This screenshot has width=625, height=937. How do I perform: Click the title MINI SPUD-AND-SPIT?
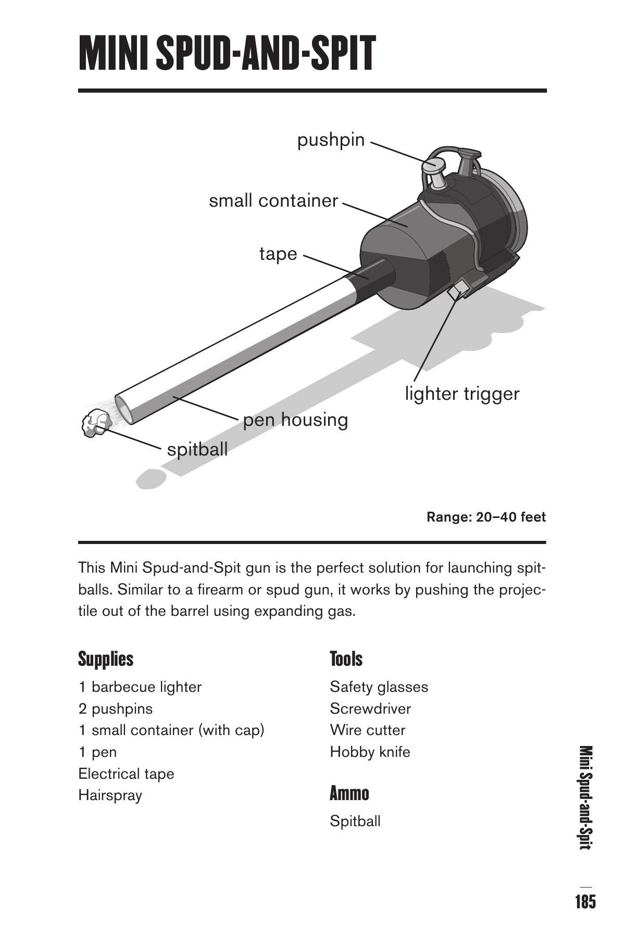[227, 54]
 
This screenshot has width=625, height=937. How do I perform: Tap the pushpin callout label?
[331, 140]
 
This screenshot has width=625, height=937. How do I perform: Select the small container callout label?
[273, 200]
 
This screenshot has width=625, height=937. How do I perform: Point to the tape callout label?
[278, 254]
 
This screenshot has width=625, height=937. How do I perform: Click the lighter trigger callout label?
[462, 394]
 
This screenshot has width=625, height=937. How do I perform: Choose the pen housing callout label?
[295, 420]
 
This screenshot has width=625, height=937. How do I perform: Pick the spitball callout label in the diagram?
[197, 449]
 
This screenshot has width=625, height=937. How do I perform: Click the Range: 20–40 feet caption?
[486, 517]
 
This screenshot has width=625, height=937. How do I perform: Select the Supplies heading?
[106, 659]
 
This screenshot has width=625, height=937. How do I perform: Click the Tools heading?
[346, 659]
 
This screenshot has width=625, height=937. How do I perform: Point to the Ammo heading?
[349, 794]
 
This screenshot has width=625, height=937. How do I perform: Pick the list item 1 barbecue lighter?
[140, 687]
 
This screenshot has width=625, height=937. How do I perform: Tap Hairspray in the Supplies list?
[110, 795]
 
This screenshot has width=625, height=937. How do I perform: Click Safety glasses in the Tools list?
[379, 687]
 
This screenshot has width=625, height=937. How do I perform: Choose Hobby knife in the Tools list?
[370, 752]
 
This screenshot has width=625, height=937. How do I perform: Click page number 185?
[585, 901]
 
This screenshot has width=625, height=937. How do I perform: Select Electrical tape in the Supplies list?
[126, 774]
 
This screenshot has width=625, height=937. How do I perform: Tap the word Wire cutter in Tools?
[367, 730]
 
